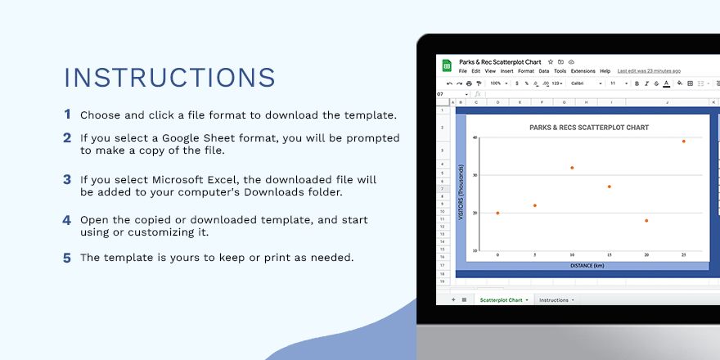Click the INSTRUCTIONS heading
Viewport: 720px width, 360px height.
pos(169,77)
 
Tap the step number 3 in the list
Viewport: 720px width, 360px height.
pos(67,179)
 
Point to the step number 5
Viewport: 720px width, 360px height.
pos(67,258)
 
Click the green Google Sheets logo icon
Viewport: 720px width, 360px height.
pos(448,65)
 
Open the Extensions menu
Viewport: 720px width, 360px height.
pos(583,71)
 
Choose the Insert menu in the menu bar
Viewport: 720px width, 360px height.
pos(507,71)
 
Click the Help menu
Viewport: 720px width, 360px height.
pos(605,71)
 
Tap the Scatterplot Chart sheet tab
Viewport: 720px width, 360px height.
pos(501,300)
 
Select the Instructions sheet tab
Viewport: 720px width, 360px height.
pos(554,300)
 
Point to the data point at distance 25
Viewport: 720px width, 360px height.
pos(684,142)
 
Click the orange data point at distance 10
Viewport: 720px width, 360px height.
pos(572,168)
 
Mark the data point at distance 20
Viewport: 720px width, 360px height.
pos(646,220)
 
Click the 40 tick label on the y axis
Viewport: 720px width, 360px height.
pos(475,138)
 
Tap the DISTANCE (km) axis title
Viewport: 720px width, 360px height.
pos(587,265)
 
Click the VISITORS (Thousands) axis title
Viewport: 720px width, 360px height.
pos(462,194)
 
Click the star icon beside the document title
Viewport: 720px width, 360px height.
pos(550,61)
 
